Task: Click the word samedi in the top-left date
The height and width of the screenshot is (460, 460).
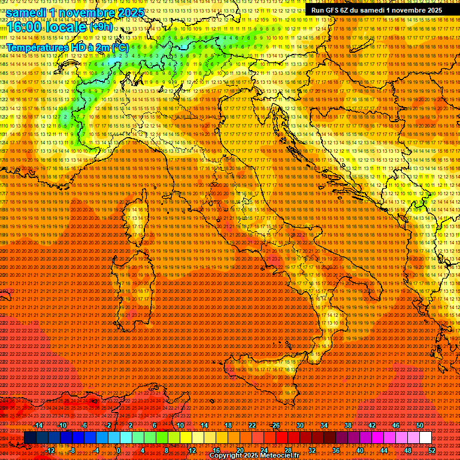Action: click(30, 13)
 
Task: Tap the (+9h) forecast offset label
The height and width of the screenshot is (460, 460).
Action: click(100, 27)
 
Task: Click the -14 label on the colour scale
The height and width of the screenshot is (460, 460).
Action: click(39, 425)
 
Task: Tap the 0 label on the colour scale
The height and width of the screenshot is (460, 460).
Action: click(119, 450)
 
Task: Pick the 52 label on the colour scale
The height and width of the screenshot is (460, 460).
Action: click(432, 450)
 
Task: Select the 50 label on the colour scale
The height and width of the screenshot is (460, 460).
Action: click(419, 425)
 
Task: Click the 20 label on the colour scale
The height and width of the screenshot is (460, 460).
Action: click(240, 450)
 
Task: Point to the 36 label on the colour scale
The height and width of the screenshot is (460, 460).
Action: click(336, 450)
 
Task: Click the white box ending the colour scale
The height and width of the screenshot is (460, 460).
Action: click(425, 437)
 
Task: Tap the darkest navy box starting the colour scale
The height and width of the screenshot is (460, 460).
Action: click(30, 437)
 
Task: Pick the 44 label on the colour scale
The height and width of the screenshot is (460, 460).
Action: click(384, 450)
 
